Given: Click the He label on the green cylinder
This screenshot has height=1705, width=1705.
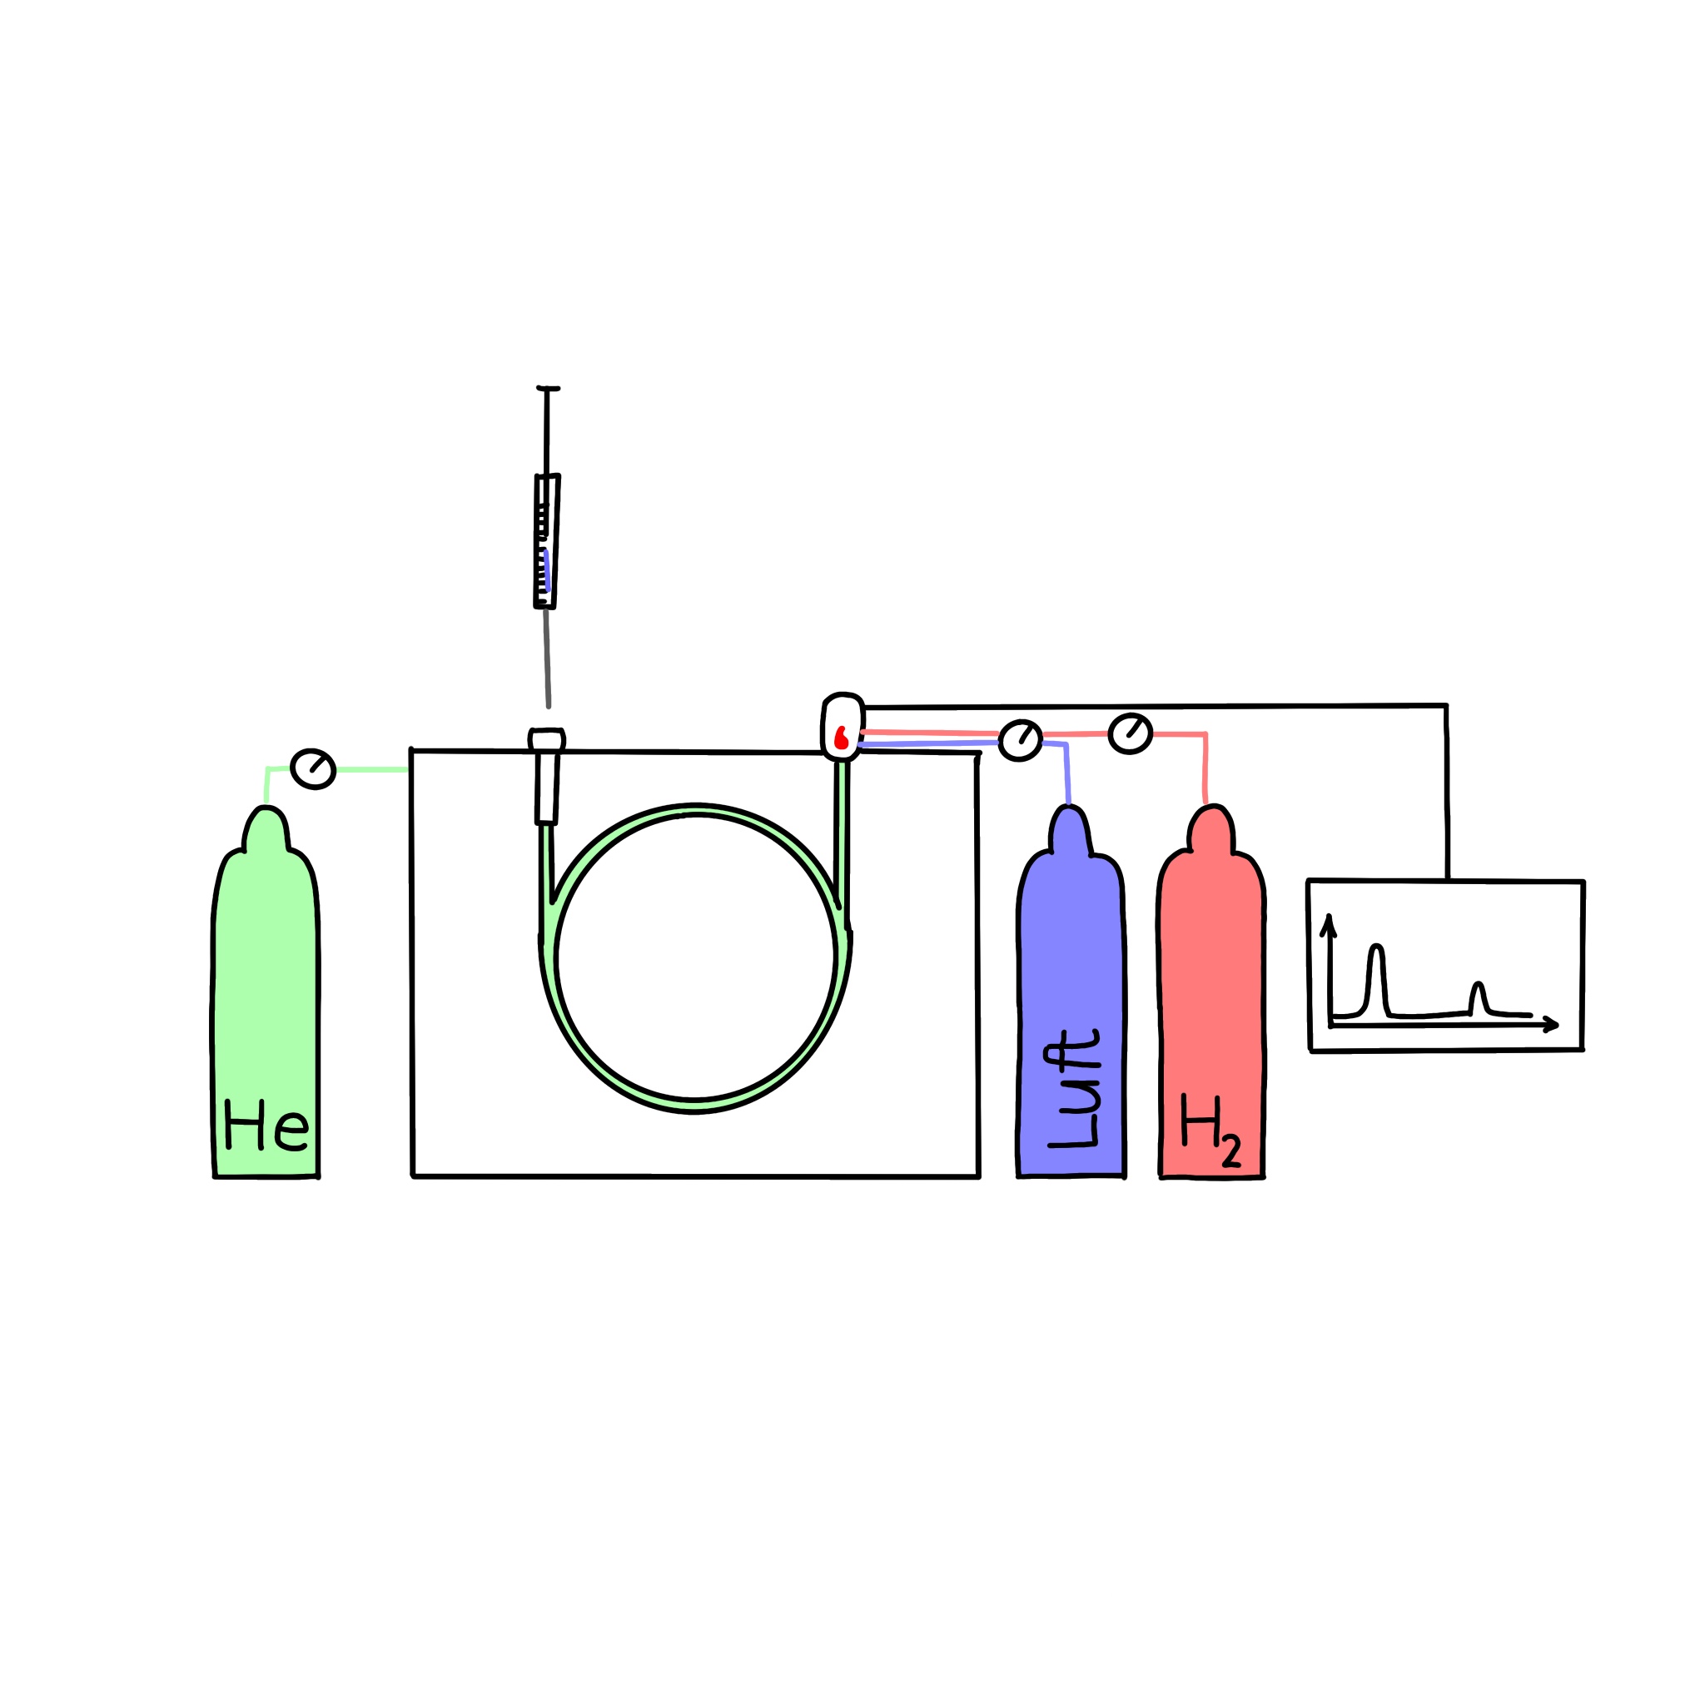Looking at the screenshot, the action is coord(266,1123).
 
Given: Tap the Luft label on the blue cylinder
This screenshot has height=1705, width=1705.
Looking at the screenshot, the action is coord(1072,1088).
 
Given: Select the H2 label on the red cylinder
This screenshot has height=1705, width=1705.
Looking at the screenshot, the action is coord(1210,1131).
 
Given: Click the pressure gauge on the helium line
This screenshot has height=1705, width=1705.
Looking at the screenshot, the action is coord(313,768).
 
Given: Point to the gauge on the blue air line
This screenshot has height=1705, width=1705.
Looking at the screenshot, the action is coord(1020,740).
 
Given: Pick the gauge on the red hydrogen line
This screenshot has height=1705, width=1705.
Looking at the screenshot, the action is coord(1131,733).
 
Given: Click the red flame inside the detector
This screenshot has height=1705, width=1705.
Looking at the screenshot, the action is coord(841,738).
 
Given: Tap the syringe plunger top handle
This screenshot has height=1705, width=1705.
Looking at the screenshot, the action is coord(548,388).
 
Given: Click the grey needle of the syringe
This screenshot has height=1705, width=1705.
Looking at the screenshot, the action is coord(547,658).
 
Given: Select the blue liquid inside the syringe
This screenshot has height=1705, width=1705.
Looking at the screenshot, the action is coord(547,570).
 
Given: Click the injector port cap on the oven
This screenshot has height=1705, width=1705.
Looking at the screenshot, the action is coord(546,739).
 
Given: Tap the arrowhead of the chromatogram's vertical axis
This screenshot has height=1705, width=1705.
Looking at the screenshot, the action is coord(1328,925).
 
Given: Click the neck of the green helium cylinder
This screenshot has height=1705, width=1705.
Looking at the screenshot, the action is coord(266,829).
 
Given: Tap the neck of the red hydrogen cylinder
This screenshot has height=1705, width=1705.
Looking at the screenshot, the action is coord(1210,829).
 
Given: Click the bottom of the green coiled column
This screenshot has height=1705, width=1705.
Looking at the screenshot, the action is coord(693,1106).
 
